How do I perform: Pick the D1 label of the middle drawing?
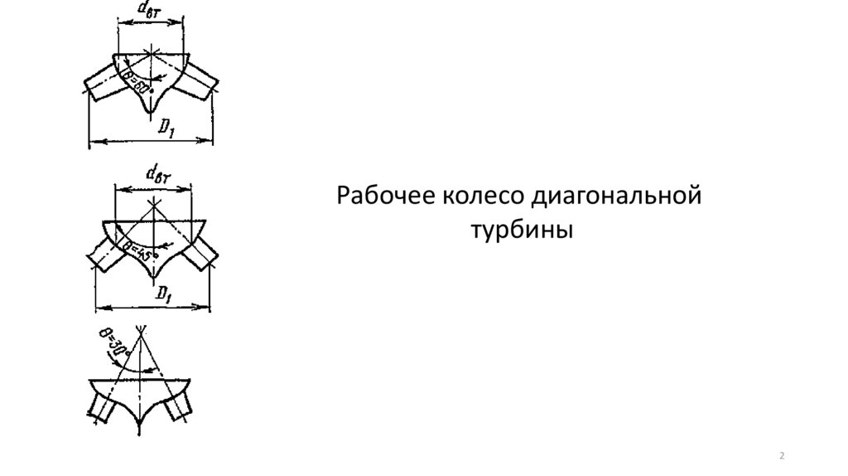[x=163, y=294]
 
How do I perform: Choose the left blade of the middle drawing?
[x=106, y=252]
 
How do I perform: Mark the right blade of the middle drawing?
[x=199, y=252]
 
